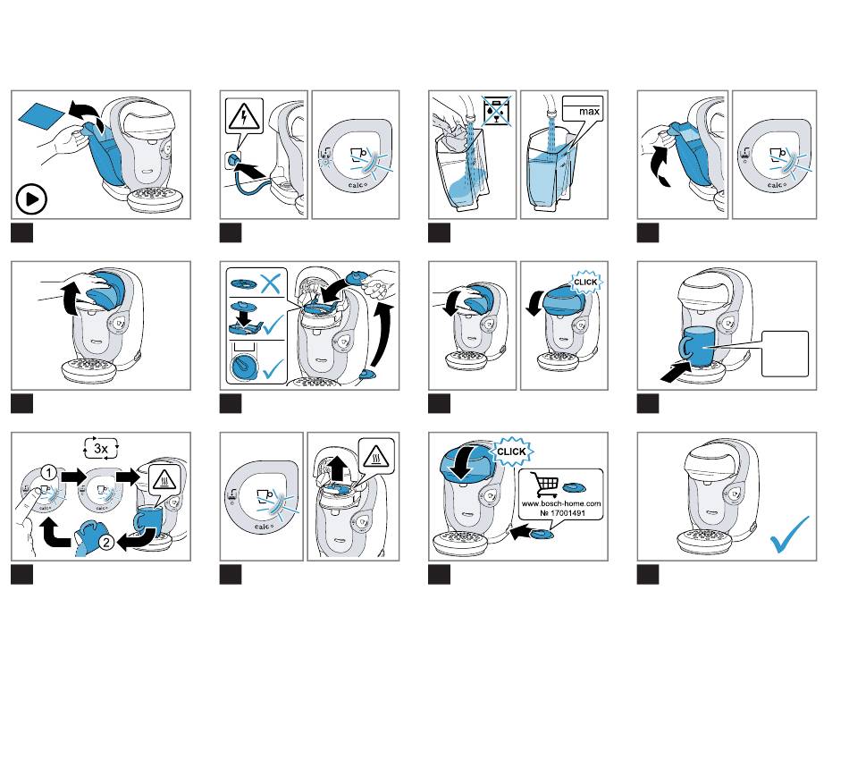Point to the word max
(588, 112)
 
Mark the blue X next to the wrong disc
(273, 284)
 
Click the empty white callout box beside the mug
(785, 353)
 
